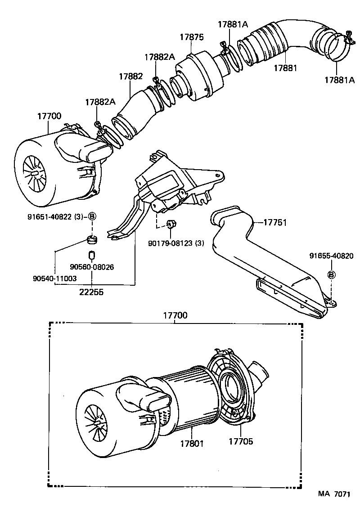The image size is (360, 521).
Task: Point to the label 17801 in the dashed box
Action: click(192, 443)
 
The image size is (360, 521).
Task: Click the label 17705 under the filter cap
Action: click(241, 441)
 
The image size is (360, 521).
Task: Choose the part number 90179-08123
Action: click(176, 243)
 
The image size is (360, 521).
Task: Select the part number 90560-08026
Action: click(92, 267)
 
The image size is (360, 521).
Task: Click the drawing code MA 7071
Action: click(334, 507)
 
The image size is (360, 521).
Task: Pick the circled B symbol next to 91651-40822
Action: click(92, 216)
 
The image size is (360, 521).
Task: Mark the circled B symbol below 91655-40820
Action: click(331, 275)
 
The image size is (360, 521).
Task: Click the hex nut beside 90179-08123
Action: click(171, 225)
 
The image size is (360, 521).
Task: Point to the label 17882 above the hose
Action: click(130, 76)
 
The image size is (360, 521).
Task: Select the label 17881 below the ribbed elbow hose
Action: click(285, 67)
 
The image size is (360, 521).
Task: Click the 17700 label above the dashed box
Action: click(175, 316)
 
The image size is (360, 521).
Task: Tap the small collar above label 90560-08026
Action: click(92, 255)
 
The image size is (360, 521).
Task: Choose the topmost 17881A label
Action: click(233, 25)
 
